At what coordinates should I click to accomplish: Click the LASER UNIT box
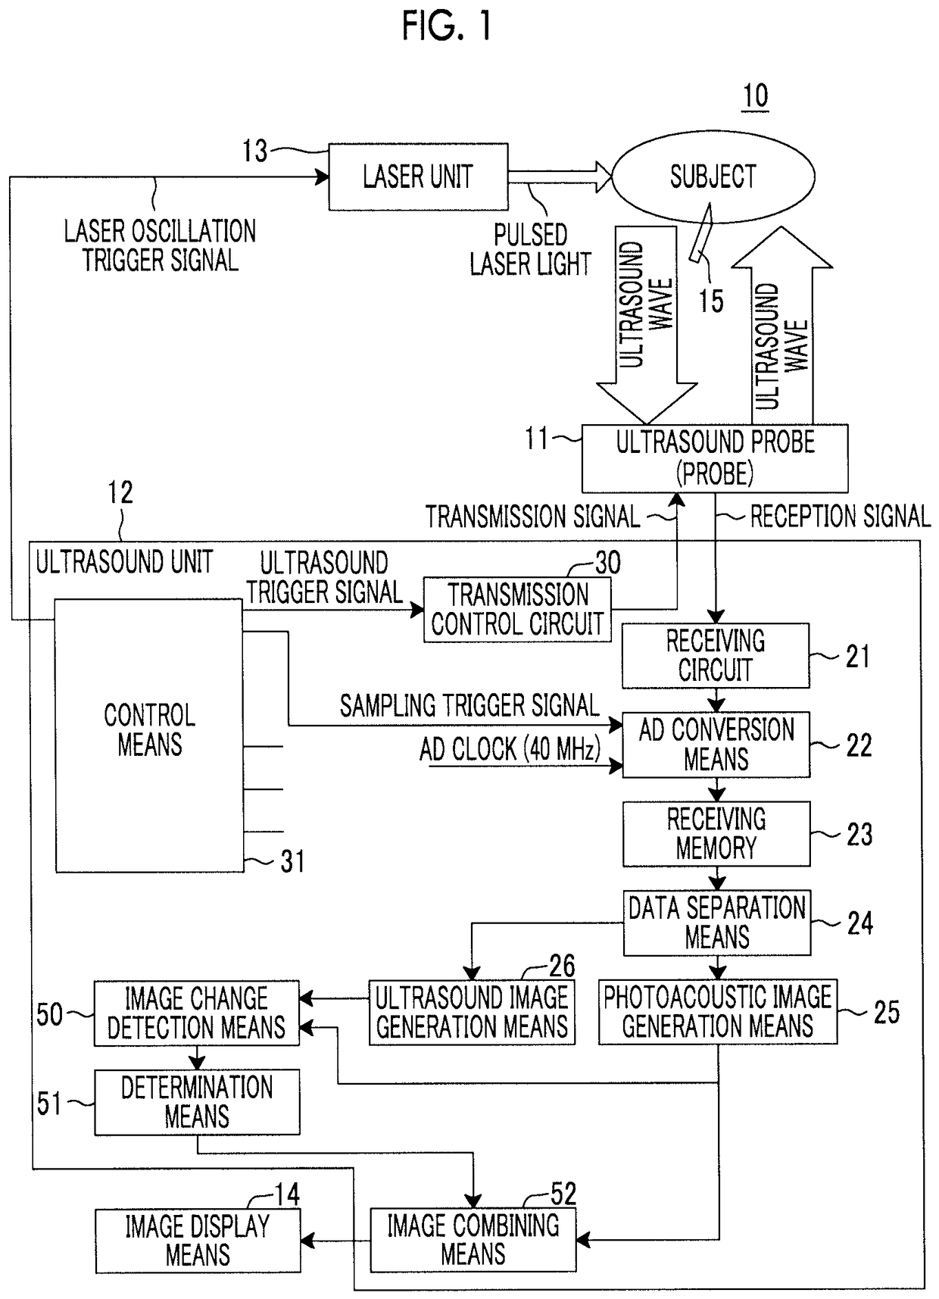tap(418, 176)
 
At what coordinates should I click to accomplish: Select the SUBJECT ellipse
tap(713, 176)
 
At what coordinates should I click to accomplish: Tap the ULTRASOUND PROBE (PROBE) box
tap(715, 458)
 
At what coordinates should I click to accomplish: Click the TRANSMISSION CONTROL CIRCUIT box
tap(517, 610)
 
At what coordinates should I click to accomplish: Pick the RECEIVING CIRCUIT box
tap(716, 656)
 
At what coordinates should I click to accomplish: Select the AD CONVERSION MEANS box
tap(716, 745)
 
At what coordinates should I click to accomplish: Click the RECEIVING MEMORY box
tap(716, 834)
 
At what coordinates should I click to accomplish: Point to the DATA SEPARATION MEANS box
tap(717, 923)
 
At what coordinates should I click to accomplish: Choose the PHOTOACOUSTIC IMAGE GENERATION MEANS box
tap(718, 1012)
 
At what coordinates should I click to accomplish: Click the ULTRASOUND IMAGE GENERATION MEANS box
tap(472, 1013)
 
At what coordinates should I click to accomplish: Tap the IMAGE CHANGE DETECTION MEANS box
tap(197, 1013)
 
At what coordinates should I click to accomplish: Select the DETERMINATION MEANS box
tap(197, 1102)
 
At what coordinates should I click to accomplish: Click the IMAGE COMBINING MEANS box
tap(473, 1240)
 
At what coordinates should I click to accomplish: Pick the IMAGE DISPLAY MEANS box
tap(198, 1241)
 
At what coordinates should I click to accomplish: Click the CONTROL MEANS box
tap(150, 735)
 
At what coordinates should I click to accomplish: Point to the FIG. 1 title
tap(448, 27)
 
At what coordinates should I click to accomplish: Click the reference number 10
tap(755, 96)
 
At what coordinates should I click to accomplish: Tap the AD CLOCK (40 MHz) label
tap(510, 749)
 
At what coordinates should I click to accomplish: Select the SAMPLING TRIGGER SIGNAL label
tap(469, 706)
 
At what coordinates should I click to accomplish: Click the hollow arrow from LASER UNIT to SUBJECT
tap(560, 176)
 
